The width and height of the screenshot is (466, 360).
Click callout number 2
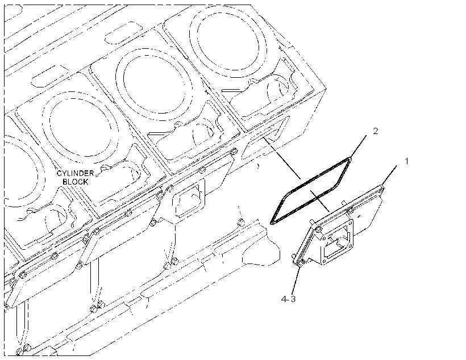point(375,131)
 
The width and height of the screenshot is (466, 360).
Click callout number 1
point(406,161)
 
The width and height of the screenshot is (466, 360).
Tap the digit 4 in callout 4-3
point(284,299)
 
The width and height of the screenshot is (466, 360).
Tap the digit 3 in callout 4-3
point(293,299)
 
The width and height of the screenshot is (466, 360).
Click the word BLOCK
point(76,182)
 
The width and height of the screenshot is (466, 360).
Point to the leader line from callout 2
point(359,146)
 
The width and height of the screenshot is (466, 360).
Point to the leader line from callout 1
point(389,176)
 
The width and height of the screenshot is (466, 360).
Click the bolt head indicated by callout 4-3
point(301,262)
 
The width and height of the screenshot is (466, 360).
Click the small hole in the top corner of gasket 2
point(350,160)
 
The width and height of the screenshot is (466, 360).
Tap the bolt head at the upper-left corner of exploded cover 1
point(318,229)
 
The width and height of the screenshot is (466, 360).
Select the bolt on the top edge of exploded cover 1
point(351,210)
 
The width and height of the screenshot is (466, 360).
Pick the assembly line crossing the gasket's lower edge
point(319,200)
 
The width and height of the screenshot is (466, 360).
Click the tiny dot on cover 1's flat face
point(360,216)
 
